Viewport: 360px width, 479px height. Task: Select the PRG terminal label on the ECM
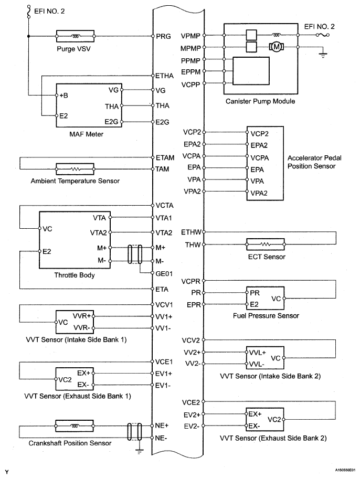click(x=163, y=37)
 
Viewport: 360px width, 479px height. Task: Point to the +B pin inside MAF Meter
click(x=65, y=95)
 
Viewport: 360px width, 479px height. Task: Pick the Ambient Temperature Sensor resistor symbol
click(x=75, y=169)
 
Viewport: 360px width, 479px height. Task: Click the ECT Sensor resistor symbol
click(x=266, y=244)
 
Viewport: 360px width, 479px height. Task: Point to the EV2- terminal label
click(x=192, y=426)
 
